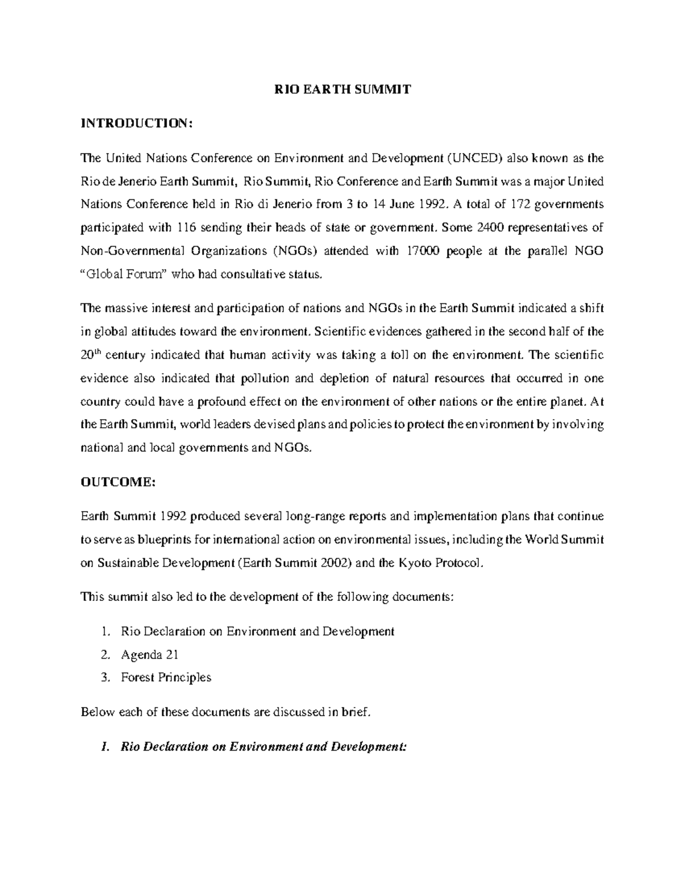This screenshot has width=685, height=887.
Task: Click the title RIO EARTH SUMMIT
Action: coord(342,90)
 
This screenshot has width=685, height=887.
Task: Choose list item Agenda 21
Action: coord(150,655)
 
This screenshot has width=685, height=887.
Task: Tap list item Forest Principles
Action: coord(166,677)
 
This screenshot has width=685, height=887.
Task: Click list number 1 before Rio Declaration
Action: coord(103,632)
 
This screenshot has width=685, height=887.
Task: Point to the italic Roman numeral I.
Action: coord(103,747)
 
